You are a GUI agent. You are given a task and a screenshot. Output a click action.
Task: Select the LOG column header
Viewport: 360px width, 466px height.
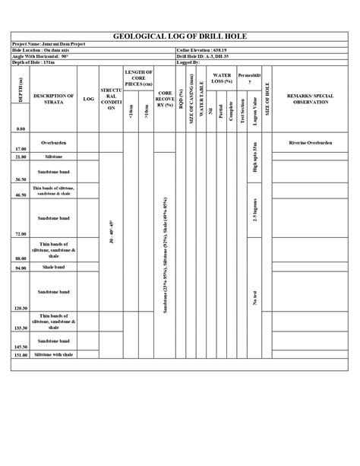pyautogui.click(x=89, y=99)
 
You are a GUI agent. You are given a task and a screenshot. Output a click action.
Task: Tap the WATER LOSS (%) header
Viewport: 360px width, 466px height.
pyautogui.click(x=222, y=79)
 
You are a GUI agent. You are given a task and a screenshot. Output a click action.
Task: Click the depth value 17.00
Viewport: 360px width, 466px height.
pyautogui.click(x=20, y=149)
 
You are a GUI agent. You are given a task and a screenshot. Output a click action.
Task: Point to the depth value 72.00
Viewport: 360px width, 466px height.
pyautogui.click(x=20, y=234)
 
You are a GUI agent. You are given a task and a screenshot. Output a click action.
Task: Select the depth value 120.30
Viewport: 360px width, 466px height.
pyautogui.click(x=20, y=308)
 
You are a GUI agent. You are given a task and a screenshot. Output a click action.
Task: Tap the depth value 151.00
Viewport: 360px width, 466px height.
pyautogui.click(x=20, y=355)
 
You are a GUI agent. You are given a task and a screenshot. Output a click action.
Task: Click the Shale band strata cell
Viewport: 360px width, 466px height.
pyautogui.click(x=54, y=267)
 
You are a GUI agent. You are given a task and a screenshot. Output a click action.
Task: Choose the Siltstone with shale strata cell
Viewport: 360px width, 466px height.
pyautogui.click(x=54, y=354)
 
